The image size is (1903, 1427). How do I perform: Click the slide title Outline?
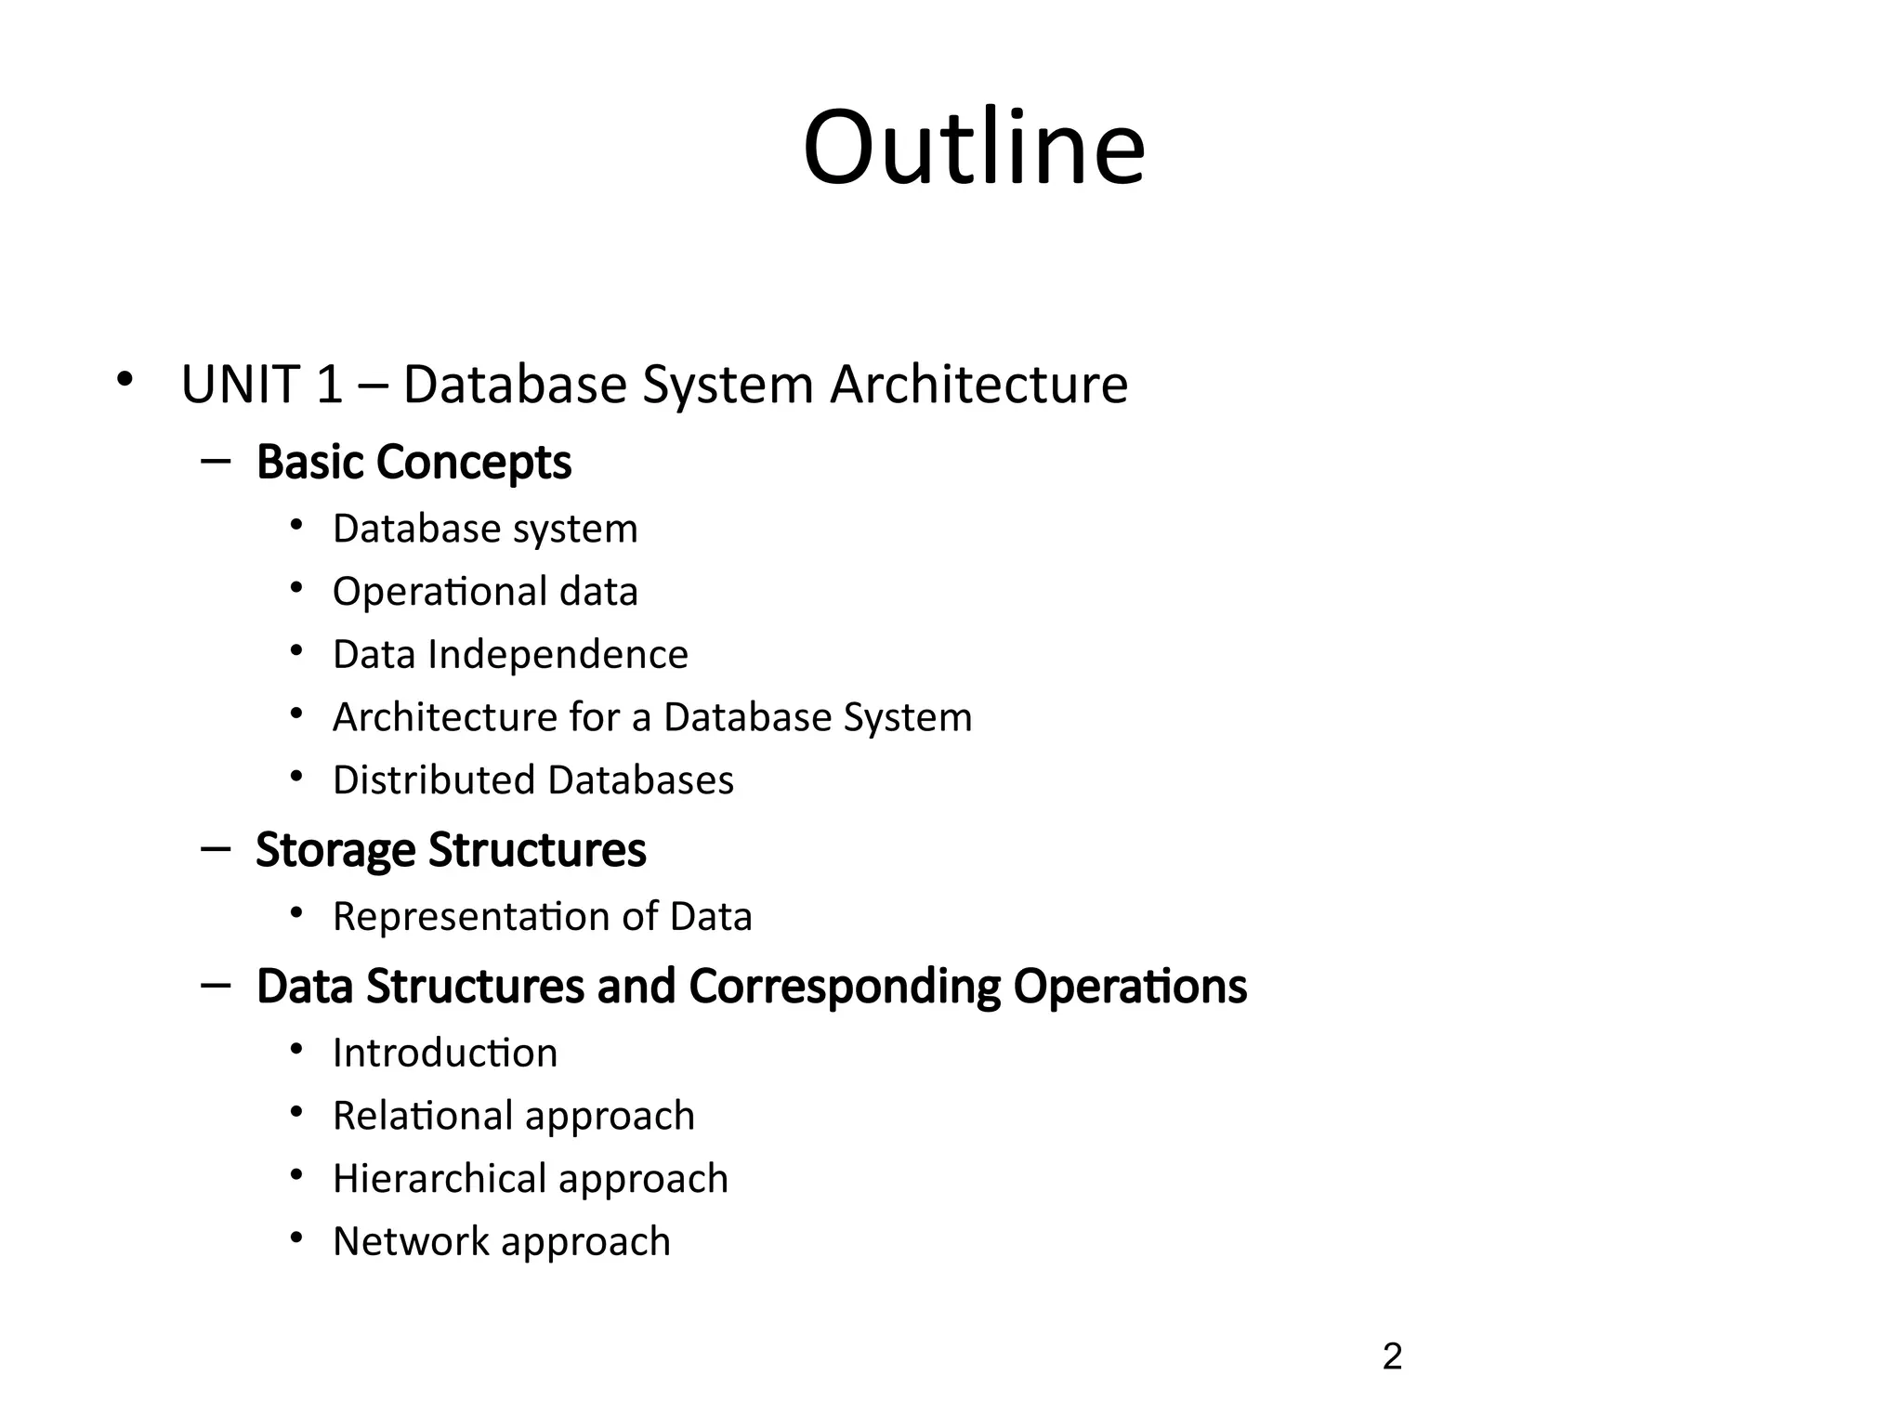coord(974,149)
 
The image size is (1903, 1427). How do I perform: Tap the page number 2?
coord(1391,1357)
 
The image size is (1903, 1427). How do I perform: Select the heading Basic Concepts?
coord(413,462)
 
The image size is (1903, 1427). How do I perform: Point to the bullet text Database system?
coord(485,529)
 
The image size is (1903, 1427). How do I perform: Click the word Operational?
coord(440,592)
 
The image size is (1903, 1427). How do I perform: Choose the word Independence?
coord(558,654)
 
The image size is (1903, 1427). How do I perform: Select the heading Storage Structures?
coord(451,849)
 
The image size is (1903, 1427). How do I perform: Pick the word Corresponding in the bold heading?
coord(845,986)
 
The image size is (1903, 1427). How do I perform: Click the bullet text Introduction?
coord(445,1053)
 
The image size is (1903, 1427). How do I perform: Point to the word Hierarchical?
coord(439,1178)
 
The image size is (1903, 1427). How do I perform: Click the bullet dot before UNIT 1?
coord(125,379)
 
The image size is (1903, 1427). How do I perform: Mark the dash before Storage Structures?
coord(216,848)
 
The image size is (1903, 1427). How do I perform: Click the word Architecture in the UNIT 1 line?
coord(978,384)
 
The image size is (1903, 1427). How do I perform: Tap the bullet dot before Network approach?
coord(296,1237)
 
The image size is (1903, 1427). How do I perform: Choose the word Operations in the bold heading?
coord(1130,986)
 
